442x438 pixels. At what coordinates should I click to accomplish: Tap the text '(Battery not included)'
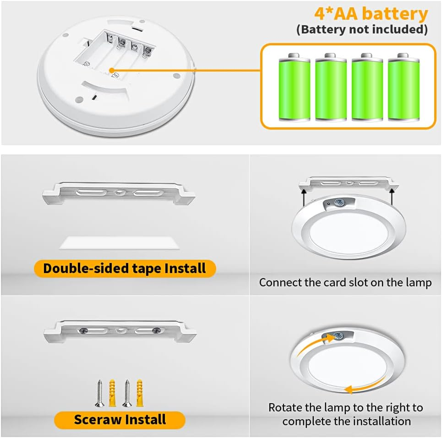point(362,30)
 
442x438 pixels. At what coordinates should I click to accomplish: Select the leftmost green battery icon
point(294,87)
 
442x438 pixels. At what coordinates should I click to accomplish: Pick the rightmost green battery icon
point(403,87)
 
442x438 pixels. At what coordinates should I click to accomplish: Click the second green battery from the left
point(330,87)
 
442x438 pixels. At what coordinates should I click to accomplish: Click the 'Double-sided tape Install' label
point(124,268)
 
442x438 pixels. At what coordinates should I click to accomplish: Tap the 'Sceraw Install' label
point(120,419)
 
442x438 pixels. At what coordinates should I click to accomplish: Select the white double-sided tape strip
point(119,243)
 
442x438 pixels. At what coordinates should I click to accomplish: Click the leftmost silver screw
point(99,393)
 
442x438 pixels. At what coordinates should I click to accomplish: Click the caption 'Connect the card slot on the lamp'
point(345,282)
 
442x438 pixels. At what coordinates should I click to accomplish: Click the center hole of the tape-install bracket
point(119,193)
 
